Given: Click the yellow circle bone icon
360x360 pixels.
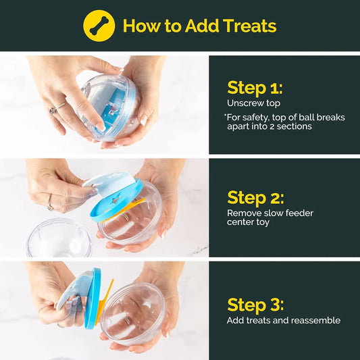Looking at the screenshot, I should [x=99, y=26].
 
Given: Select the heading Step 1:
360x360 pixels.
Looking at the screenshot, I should [x=255, y=88].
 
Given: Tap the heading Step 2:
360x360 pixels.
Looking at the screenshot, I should [x=255, y=197].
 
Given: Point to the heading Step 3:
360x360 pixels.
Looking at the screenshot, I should [x=255, y=304].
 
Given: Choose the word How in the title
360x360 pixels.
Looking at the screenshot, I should [x=140, y=26].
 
